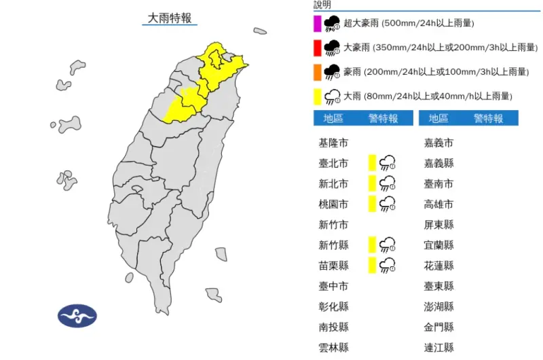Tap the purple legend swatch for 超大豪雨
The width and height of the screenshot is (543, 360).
coord(317,24)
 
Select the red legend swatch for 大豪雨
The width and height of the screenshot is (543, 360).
coord(317,48)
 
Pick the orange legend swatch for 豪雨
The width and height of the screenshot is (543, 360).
coord(317,72)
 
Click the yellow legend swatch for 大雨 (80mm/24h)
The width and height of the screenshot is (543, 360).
coord(317,96)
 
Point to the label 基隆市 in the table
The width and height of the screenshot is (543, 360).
coord(333,143)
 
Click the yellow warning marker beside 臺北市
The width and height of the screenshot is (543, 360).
coord(372,162)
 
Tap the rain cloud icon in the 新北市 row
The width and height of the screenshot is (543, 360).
coord(388,183)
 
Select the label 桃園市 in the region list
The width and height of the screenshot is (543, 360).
coord(333,204)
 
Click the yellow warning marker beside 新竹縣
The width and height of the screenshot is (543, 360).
coord(372,245)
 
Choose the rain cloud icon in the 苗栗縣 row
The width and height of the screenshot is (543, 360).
coord(388,265)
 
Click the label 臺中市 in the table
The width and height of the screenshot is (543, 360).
coord(333,286)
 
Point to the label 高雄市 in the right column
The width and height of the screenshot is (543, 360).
coord(439,204)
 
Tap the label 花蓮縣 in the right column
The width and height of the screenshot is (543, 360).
coord(439,266)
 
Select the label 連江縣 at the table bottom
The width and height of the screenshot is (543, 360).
coord(439,347)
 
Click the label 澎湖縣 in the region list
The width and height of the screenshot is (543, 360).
coord(439,306)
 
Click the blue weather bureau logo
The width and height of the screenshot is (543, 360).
coord(77,315)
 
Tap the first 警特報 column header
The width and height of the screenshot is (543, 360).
coord(383,119)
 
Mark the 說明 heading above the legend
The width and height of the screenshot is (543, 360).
coord(322,5)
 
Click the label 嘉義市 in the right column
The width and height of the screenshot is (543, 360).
coord(439,143)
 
